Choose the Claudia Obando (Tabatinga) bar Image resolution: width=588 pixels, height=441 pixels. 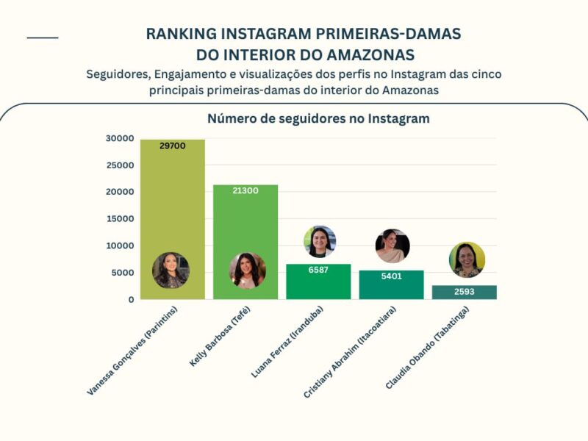(465, 293)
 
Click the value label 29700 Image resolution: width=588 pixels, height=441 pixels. (172, 146)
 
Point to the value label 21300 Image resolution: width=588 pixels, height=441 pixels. (245, 190)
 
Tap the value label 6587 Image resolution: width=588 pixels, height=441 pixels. (318, 270)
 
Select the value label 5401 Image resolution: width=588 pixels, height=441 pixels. (392, 276)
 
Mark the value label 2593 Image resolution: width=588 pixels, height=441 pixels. (465, 292)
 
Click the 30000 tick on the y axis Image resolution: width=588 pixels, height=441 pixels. (120, 138)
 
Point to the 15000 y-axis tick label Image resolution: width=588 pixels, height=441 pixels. (120, 219)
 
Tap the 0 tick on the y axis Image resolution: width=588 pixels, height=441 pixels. (131, 300)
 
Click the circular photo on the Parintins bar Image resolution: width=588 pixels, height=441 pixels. (171, 270)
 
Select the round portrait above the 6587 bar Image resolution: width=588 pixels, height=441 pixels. (320, 242)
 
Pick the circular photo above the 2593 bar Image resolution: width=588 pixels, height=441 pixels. (467, 259)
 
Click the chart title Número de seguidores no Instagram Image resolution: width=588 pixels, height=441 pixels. (318, 118)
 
